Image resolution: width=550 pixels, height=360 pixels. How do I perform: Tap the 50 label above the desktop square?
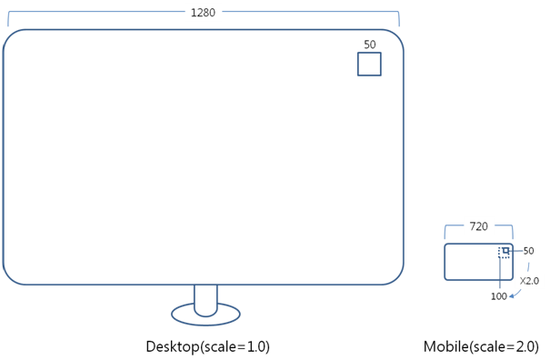point(369,44)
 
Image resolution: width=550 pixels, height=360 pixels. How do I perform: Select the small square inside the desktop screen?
point(369,64)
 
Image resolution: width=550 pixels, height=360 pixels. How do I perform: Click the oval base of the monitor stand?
point(205,314)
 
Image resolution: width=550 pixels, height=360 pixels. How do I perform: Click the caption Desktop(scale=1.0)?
point(207,346)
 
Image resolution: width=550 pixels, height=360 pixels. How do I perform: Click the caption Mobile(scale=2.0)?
point(480,346)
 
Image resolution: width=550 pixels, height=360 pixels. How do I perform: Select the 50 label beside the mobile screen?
point(528,251)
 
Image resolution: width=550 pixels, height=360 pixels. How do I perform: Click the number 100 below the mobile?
point(499,296)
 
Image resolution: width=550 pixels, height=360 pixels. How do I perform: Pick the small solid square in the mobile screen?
point(506,250)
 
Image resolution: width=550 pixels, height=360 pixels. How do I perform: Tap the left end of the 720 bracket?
point(445,231)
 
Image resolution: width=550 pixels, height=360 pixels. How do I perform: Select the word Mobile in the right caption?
point(444,346)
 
